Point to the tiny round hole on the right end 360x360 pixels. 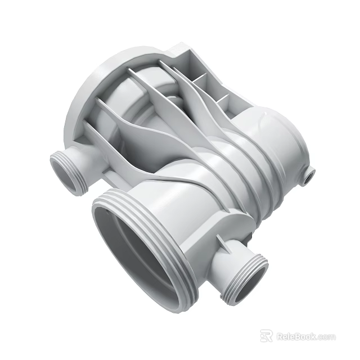pyautogui.click(x=308, y=178)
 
